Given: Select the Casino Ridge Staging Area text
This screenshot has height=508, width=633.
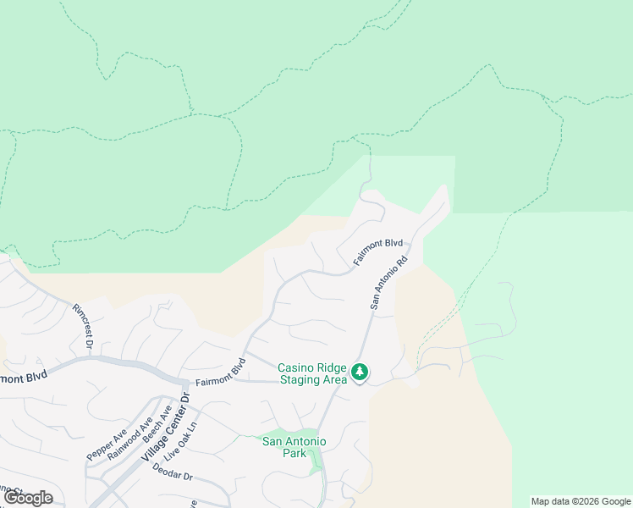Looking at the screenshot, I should (x=312, y=373).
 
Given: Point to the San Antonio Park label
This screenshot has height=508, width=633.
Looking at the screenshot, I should (x=294, y=446).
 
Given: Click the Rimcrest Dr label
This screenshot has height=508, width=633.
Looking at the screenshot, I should (x=81, y=326).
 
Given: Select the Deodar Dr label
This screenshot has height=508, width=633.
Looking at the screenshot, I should (x=175, y=478).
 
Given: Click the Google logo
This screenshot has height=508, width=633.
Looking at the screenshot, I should (x=28, y=498).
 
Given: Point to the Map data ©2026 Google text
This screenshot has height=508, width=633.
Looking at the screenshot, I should (x=581, y=501).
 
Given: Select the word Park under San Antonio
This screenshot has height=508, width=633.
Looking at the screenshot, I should (x=294, y=453).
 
